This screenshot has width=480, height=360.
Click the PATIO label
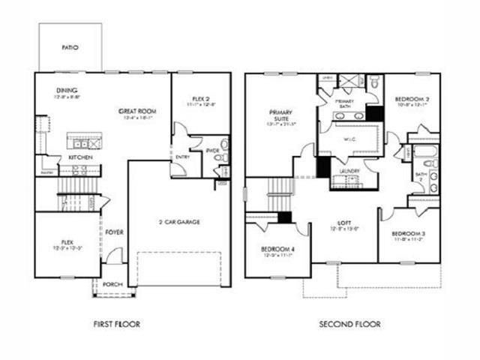point(70,47)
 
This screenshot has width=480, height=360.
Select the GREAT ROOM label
point(138,111)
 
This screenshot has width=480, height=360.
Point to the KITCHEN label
point(80,158)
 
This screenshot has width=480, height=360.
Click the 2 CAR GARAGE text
point(178,222)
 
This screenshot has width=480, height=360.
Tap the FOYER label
point(114,232)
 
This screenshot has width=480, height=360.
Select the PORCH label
point(112,284)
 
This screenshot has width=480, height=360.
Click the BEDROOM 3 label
point(409,234)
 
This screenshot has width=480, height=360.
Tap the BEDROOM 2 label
point(412,100)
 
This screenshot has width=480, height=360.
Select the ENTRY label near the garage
point(182,157)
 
